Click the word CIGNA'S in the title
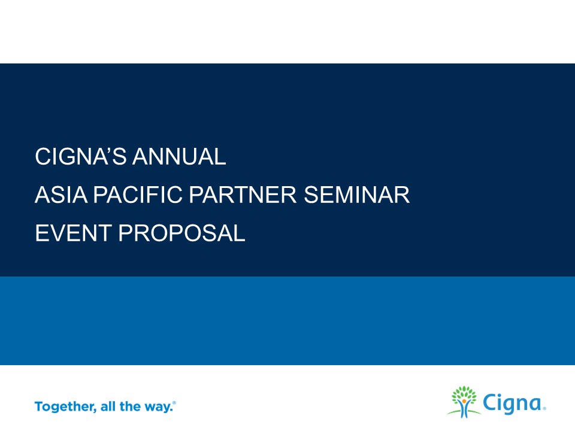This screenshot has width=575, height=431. (81, 156)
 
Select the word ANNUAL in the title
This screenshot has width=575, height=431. (179, 156)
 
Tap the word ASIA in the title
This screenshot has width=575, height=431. (61, 195)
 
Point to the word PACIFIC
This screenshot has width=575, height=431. (138, 195)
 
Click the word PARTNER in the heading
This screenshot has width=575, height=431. (243, 195)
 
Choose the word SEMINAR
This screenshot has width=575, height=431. (356, 195)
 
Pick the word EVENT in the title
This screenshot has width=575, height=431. (73, 233)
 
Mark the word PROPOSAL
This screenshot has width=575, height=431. (181, 233)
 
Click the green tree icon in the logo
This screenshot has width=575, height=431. (464, 402)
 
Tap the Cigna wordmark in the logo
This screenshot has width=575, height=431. (513, 403)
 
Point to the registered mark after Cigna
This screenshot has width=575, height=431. (544, 408)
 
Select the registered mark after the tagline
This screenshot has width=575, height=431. (174, 403)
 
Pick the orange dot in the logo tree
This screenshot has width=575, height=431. (464, 400)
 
